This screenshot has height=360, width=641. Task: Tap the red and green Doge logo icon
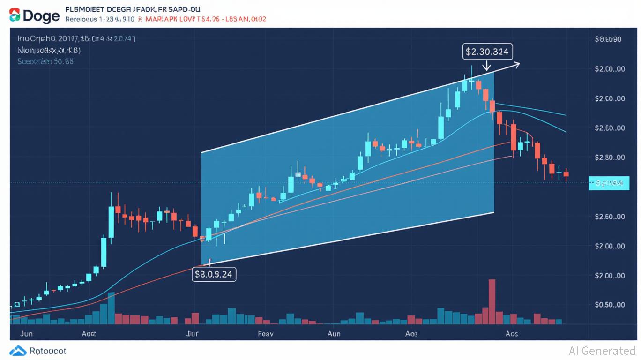(x=15, y=15)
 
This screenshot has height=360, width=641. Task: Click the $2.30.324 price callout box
(x=488, y=52)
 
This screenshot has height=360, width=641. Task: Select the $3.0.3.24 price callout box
(x=214, y=274)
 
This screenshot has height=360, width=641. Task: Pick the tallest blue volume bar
(x=111, y=308)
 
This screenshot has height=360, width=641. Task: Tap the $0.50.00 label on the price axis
(x=609, y=305)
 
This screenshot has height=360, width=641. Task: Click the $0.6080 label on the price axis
(x=608, y=40)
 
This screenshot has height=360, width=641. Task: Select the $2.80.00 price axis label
(x=609, y=157)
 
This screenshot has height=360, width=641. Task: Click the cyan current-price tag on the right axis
(x=608, y=184)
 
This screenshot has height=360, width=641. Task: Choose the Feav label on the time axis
(x=265, y=334)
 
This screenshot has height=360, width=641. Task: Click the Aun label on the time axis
(x=334, y=334)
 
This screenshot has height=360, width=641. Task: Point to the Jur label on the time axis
(x=192, y=334)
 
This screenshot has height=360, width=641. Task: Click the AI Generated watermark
(x=602, y=351)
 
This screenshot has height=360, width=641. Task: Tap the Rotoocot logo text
(x=47, y=351)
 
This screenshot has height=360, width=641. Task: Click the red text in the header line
(x=206, y=20)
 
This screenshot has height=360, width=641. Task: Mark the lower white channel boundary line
(x=347, y=238)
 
